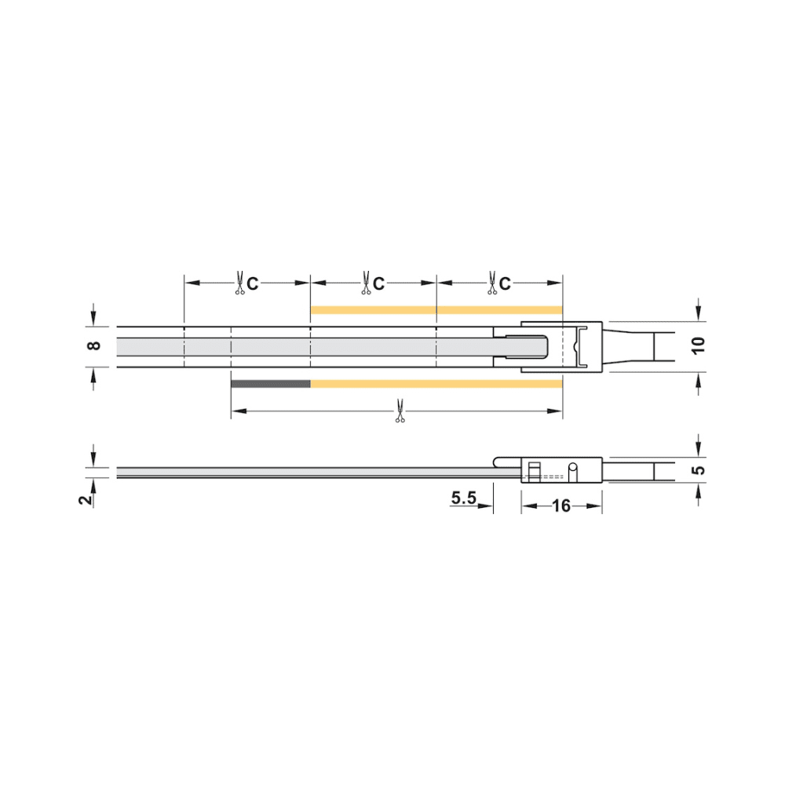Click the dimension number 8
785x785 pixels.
pos(93,345)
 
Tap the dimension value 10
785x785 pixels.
pos(698,345)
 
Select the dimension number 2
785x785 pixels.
pos(86,498)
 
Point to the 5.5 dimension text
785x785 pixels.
pos(464,498)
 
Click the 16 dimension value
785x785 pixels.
pos(561,506)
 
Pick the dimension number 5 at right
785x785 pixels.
pos(698,470)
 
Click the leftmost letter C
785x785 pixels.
pos(252,284)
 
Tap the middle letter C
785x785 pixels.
pos(378,284)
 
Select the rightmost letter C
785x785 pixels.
pos(505,284)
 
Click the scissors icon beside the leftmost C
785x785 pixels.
pos(239,283)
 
